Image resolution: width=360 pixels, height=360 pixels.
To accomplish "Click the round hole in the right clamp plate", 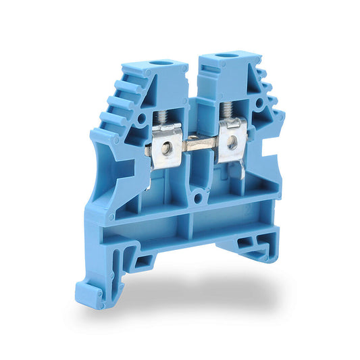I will coord(232,141).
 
